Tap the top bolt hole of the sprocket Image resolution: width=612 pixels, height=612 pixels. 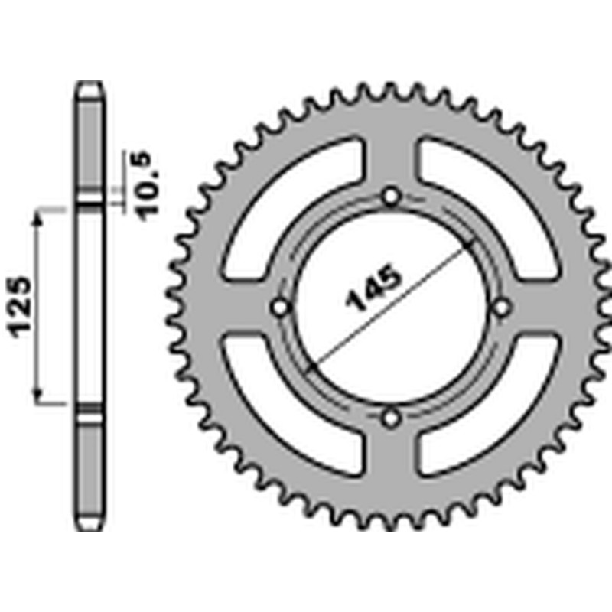pos(392,197)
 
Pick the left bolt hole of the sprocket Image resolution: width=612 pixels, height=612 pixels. pos(281,308)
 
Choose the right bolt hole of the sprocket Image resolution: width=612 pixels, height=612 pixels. pos(502,308)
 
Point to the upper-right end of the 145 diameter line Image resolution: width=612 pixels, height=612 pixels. pos(471,243)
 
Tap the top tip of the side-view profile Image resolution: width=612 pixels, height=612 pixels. pos(90,83)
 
